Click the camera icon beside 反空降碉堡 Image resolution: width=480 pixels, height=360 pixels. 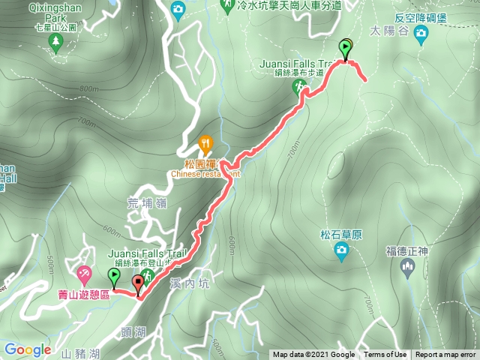[421, 32]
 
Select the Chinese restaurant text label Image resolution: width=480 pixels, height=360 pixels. [204, 174]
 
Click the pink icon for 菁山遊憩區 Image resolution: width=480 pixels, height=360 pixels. [85, 271]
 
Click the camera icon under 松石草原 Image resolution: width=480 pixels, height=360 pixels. [342, 253]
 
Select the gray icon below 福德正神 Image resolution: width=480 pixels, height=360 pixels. [409, 269]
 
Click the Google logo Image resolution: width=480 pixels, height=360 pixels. [27, 349]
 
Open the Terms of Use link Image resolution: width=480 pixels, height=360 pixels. [385, 355]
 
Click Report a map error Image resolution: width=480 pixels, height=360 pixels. [445, 355]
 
